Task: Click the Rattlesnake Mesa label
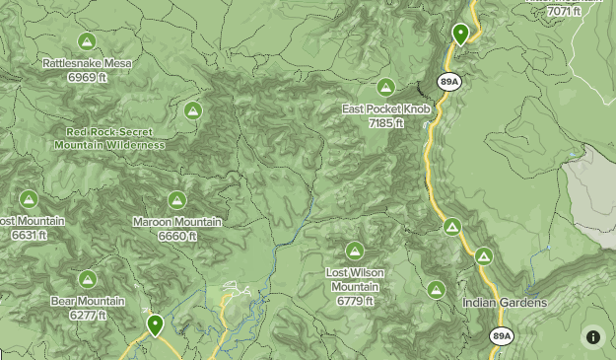click(87, 63)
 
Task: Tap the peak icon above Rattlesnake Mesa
click(87, 41)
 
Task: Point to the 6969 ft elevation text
click(87, 77)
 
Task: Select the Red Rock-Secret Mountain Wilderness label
click(108, 138)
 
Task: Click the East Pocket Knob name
click(386, 108)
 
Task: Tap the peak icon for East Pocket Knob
click(385, 87)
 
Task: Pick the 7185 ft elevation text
click(386, 123)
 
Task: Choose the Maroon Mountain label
click(177, 222)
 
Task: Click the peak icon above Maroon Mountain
click(176, 200)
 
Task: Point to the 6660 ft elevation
click(177, 237)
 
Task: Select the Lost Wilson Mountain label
click(355, 279)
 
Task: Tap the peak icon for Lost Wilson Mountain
click(355, 250)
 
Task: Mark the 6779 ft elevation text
click(355, 301)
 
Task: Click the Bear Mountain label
click(88, 301)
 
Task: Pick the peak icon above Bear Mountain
click(88, 279)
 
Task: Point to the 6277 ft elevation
click(88, 316)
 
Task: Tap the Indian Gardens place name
click(505, 303)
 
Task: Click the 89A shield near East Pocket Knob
click(450, 82)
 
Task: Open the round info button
click(593, 336)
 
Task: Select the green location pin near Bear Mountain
click(155, 324)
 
